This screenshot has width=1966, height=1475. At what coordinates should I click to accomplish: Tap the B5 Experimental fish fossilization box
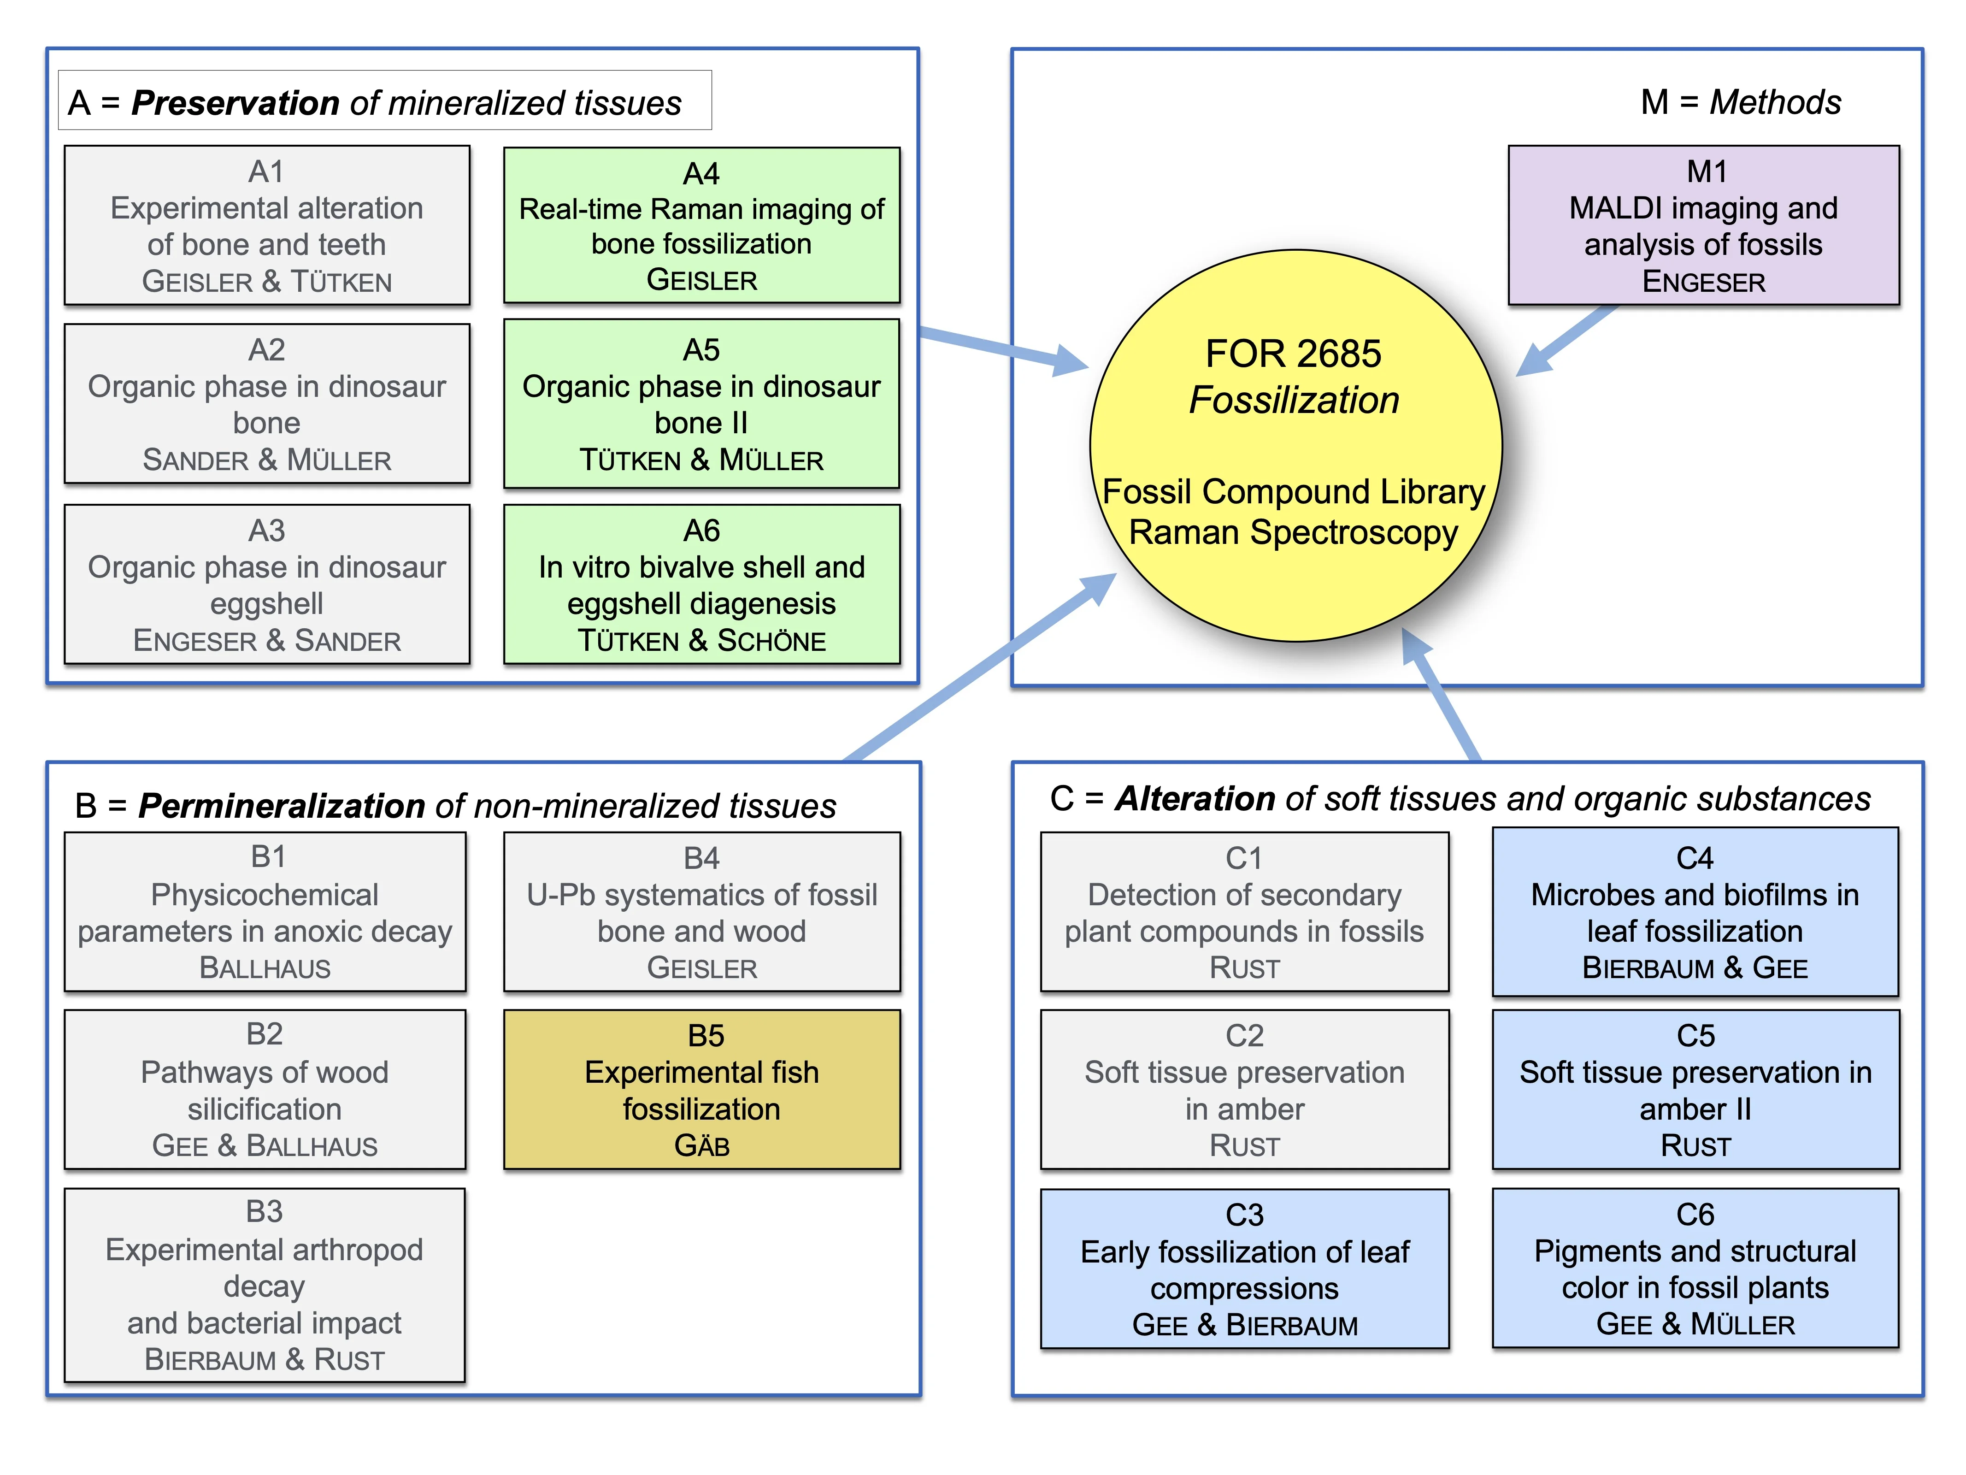[701, 1089]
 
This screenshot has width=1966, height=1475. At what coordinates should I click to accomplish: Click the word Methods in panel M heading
[1775, 102]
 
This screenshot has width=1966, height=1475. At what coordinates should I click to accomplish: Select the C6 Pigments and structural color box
[1695, 1269]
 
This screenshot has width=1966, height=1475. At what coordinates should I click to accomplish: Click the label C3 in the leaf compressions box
[1244, 1215]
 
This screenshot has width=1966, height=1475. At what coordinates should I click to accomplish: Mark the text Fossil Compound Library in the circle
[1293, 492]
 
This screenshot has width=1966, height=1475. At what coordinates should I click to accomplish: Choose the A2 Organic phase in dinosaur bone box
[267, 404]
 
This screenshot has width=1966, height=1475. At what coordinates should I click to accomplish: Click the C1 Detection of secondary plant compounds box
[1244, 912]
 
